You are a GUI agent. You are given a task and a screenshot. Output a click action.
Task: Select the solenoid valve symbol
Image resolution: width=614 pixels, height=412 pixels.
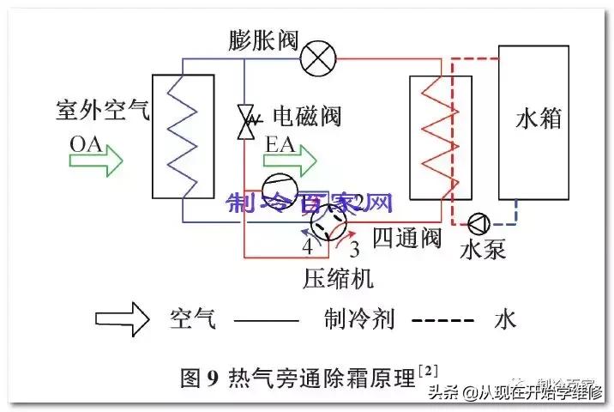[x=247, y=123]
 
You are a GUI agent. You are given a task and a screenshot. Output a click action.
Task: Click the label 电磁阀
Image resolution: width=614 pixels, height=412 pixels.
[x=306, y=116]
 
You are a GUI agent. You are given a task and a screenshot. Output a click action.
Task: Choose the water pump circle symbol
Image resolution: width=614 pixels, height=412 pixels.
[x=478, y=223]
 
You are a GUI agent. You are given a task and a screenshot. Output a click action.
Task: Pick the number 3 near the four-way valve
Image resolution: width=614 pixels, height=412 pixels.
[x=353, y=250]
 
